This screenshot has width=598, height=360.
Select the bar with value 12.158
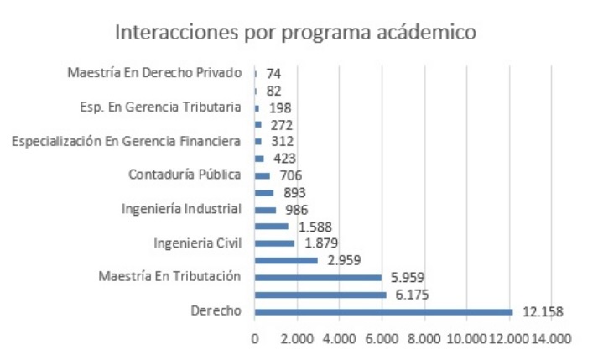pyautogui.click(x=383, y=311)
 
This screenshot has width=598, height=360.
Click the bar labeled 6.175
pyautogui.click(x=320, y=295)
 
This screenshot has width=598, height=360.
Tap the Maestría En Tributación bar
pyautogui.click(x=318, y=277)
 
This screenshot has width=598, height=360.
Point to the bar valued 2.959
pyautogui.click(x=286, y=260)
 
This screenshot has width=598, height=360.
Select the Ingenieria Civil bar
pyautogui.click(x=274, y=243)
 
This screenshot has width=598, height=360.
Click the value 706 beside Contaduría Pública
pyautogui.click(x=290, y=175)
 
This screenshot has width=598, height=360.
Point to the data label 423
pyautogui.click(x=285, y=158)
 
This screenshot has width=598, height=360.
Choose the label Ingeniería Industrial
pyautogui.click(x=181, y=209)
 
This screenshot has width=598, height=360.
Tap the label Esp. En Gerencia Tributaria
pyautogui.click(x=158, y=107)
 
